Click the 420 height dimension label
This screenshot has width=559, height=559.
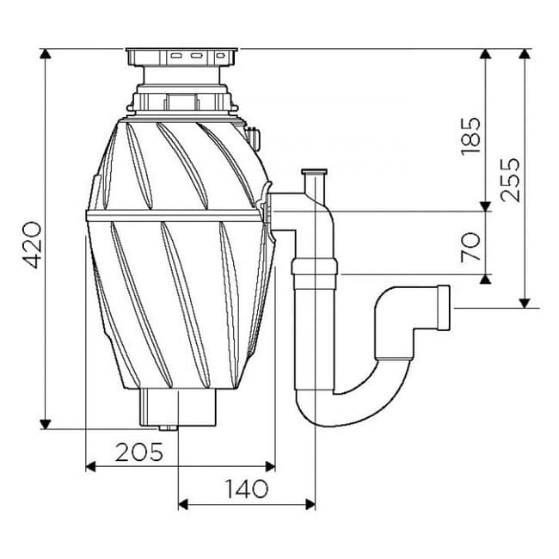tap(34, 244)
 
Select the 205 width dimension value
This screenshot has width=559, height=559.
tap(139, 452)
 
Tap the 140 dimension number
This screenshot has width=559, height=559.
tap(246, 488)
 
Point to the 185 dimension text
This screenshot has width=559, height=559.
tap(470, 136)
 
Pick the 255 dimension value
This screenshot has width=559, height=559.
tap(509, 180)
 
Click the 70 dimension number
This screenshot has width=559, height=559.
tap(470, 247)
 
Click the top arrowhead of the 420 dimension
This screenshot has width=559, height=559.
tap(45, 54)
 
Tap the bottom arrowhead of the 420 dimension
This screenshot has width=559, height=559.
tap(45, 424)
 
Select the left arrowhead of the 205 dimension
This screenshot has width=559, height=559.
tap(91, 466)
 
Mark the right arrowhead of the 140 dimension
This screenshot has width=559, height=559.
tap(310, 505)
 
